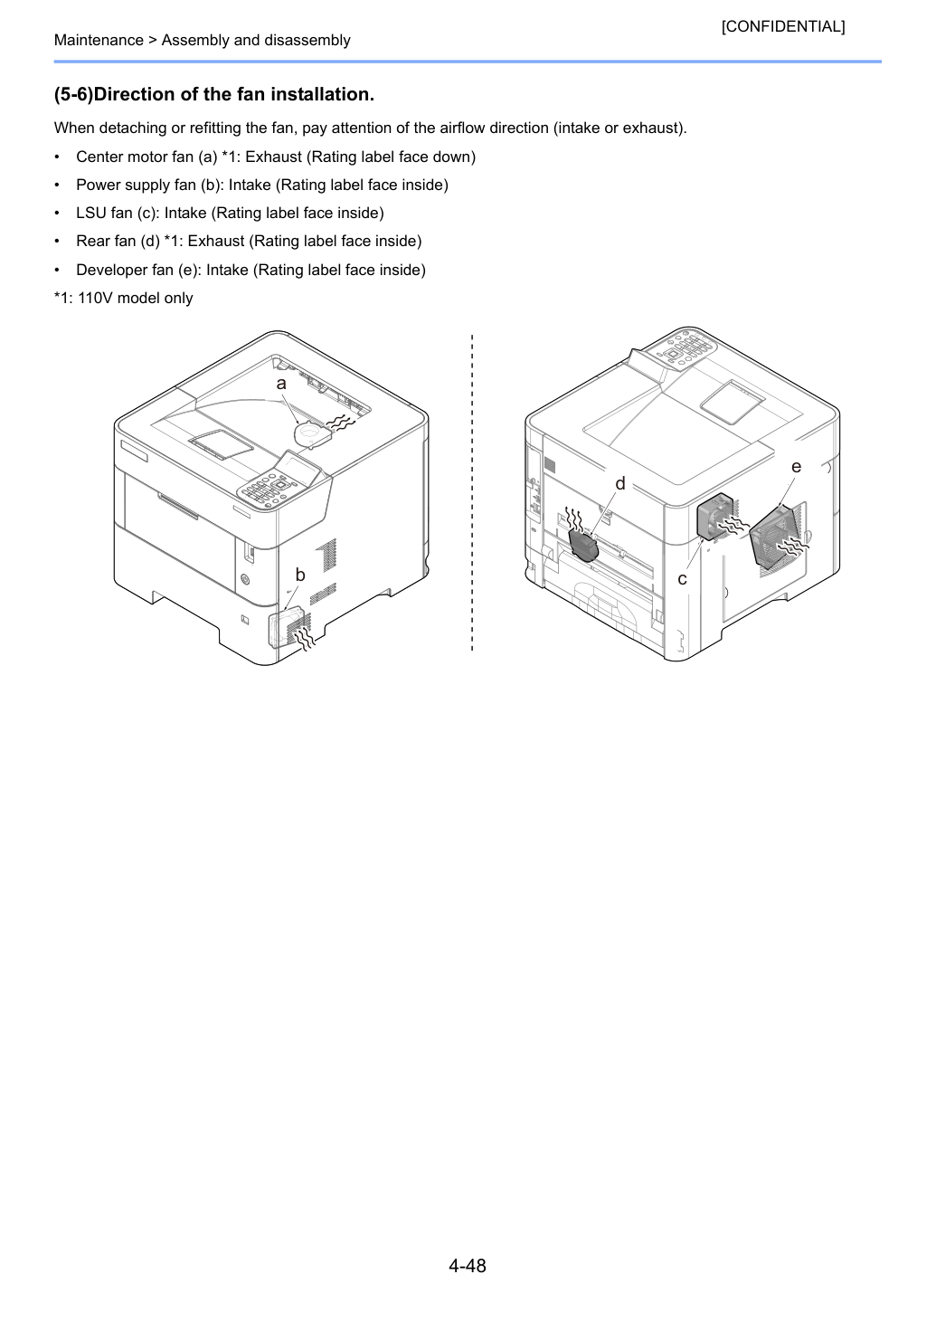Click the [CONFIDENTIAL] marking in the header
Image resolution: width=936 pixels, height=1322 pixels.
point(782,26)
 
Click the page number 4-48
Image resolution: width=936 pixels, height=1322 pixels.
point(468,1265)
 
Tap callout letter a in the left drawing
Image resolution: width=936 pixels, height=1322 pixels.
point(281,384)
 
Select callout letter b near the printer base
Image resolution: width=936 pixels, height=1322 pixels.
point(300,575)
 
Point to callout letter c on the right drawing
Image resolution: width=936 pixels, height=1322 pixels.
point(683,579)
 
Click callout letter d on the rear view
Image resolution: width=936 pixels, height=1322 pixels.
point(619,483)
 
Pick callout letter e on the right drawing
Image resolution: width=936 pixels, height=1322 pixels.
point(796,467)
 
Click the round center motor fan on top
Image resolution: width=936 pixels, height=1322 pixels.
point(312,434)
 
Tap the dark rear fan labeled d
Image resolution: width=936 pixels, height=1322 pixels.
point(583,545)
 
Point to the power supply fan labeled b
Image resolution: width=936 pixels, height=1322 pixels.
point(285,629)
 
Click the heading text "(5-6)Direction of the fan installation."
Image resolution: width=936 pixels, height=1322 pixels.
point(214,94)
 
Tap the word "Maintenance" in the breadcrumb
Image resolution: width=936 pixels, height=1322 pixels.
point(99,40)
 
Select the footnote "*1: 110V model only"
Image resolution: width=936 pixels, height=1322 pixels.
point(123,298)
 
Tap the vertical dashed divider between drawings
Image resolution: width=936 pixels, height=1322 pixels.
point(472,493)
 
